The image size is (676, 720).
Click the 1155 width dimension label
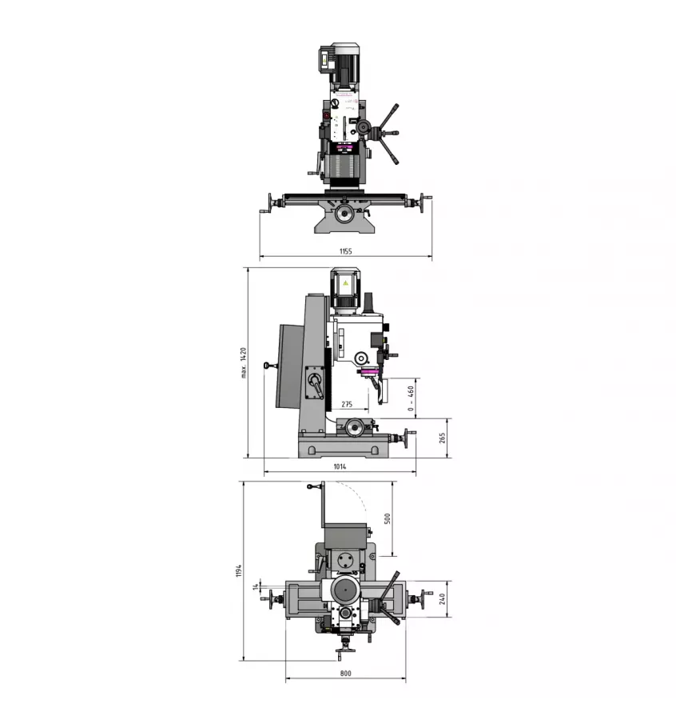pyautogui.click(x=344, y=251)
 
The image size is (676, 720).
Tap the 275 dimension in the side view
pyautogui.click(x=347, y=405)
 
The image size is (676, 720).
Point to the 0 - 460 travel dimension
pyautogui.click(x=411, y=398)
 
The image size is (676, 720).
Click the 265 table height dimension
pyautogui.click(x=442, y=438)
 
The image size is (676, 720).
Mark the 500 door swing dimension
pyautogui.click(x=388, y=518)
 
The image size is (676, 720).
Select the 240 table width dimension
pyautogui.click(x=442, y=599)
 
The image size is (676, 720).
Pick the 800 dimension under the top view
pyautogui.click(x=345, y=674)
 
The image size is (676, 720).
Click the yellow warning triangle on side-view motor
pyautogui.click(x=345, y=284)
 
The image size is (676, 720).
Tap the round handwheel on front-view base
pyautogui.click(x=344, y=214)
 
